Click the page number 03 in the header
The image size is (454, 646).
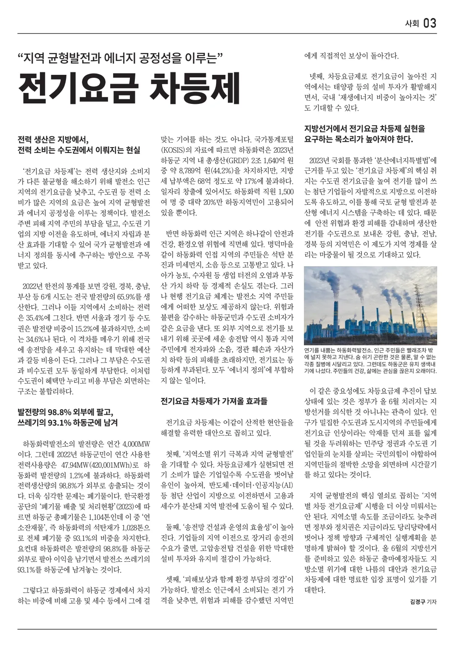coord(430,24)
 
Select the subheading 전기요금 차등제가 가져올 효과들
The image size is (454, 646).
coord(214,401)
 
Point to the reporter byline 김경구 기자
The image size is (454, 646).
coord(423,601)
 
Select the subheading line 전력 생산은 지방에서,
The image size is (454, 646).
coord(53,140)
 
